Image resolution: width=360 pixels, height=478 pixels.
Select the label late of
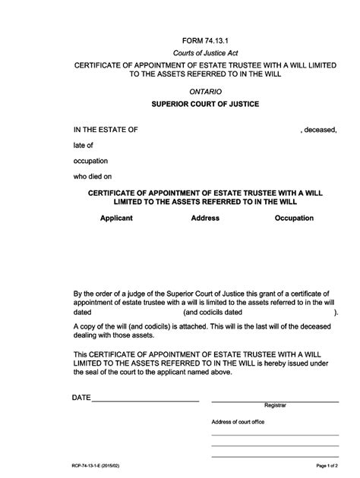(x=83, y=145)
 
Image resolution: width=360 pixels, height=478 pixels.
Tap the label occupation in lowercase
(x=91, y=161)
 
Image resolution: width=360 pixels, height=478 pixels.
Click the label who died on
(x=93, y=176)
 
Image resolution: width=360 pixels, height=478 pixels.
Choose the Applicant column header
(x=116, y=218)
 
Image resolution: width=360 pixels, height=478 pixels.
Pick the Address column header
(x=205, y=218)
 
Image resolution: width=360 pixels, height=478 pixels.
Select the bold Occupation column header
(x=294, y=218)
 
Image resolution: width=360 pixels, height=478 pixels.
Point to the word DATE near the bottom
(x=81, y=398)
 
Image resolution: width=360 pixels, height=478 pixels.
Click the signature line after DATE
(x=145, y=401)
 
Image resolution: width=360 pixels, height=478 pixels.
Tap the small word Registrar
(x=275, y=406)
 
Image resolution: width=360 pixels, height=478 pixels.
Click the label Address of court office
(x=238, y=422)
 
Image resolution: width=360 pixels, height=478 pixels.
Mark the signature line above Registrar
(x=275, y=401)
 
